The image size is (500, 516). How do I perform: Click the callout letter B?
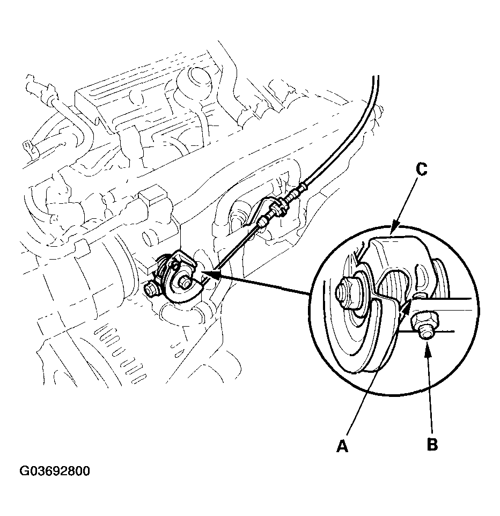tap(431, 444)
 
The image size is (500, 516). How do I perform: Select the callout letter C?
tap(421, 170)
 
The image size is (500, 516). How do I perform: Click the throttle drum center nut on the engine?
tap(186, 279)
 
